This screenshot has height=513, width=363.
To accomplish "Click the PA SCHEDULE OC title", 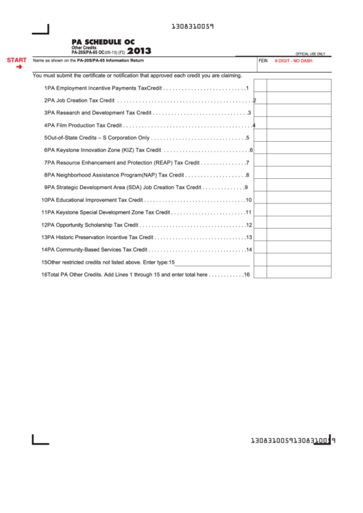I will pyautogui.click(x=103, y=42).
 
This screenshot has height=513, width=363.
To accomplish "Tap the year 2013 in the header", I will pyautogui.click(x=139, y=51).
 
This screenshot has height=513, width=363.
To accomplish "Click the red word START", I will pyautogui.click(x=16, y=60).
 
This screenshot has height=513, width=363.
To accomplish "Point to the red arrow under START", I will pyautogui.click(x=18, y=67).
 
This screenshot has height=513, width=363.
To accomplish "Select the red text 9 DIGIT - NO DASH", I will pyautogui.click(x=293, y=61).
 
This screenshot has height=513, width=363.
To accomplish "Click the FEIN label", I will pyautogui.click(x=263, y=61).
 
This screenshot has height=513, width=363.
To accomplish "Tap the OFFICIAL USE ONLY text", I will pyautogui.click(x=310, y=53).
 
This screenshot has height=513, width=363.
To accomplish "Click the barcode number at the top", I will pyautogui.click(x=192, y=27).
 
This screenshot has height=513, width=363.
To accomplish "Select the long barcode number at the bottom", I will pyautogui.click(x=293, y=440).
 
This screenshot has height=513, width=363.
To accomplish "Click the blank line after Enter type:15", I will pyautogui.click(x=212, y=262).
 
